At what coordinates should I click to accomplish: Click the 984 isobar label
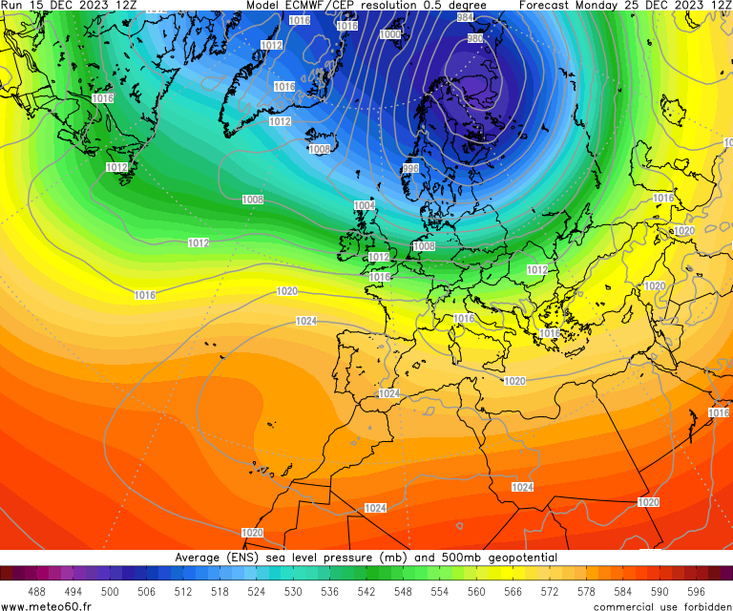(465, 17)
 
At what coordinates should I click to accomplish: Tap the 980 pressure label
(474, 38)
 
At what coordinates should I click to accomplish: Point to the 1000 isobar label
(390, 34)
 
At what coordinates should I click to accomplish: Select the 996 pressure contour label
(410, 168)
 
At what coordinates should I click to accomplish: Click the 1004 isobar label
(365, 205)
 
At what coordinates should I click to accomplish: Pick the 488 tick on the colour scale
(36, 591)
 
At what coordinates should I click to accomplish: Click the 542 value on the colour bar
(366, 591)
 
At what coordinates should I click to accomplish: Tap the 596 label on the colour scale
(696, 591)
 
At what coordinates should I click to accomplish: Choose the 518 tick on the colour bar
(220, 591)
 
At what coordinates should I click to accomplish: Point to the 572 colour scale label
(550, 591)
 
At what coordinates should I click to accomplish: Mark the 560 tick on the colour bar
(476, 591)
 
